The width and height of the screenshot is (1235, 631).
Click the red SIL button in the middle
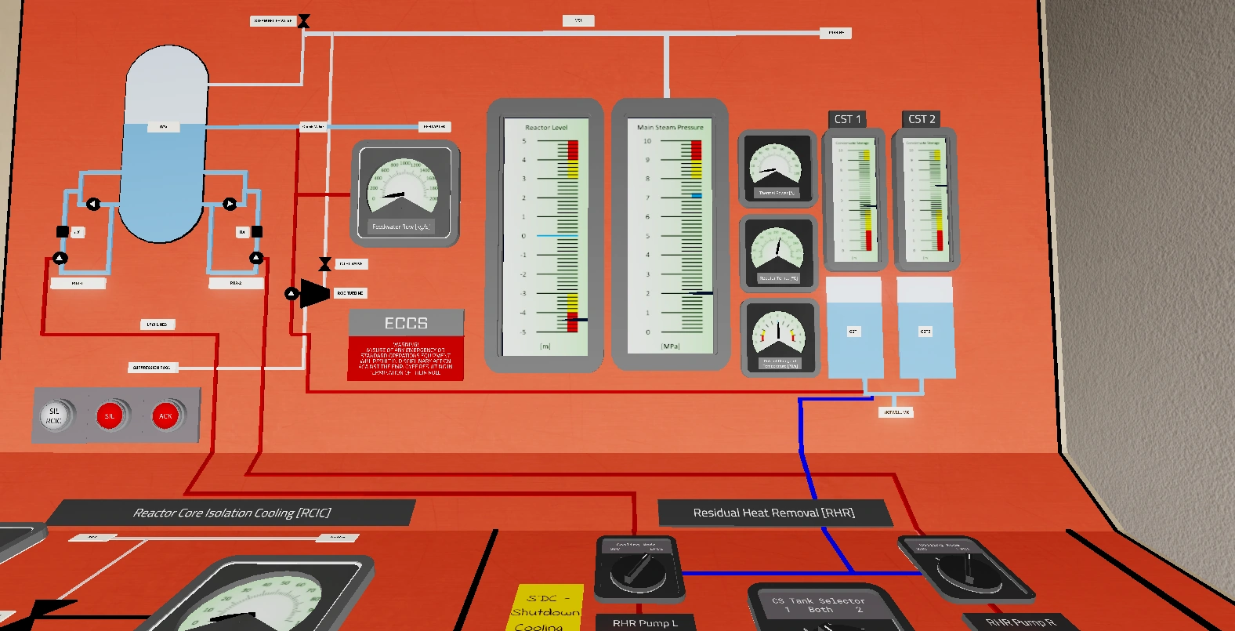pos(110,415)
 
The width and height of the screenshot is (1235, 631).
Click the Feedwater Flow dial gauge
pos(404,193)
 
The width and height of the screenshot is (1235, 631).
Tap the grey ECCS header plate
pos(406,323)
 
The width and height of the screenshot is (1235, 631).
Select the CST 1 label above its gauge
pos(847,119)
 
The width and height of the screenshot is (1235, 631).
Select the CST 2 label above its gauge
pos(922,119)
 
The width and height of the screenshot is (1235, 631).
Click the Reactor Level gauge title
pos(546,127)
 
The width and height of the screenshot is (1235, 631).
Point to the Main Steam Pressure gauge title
pos(670,127)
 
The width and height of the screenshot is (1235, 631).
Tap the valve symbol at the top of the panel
pos(304,21)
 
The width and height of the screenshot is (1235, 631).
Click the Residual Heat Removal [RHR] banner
pos(774,513)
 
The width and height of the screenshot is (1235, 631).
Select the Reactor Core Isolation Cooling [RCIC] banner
pos(232,513)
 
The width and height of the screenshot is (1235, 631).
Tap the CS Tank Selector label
pos(819,600)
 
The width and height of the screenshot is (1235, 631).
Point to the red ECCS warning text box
pos(406,358)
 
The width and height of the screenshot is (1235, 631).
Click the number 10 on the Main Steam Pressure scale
pos(647,141)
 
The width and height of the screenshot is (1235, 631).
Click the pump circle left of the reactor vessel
pos(92,204)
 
